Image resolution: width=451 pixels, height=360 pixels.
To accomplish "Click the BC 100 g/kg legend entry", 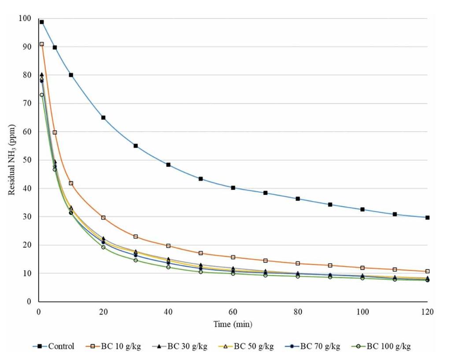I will coord(389,346).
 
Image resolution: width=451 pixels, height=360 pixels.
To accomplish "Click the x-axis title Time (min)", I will coord(233,325).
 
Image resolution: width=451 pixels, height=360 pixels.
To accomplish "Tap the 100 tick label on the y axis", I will coord(25,18).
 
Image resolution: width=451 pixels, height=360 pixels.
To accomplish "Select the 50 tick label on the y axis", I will coord(27,160).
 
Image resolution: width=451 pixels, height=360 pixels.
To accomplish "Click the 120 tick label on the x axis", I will coord(427,312).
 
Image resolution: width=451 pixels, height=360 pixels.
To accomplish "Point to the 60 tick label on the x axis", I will coord(233,312).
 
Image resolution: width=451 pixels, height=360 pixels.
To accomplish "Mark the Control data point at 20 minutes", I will coord(104,118).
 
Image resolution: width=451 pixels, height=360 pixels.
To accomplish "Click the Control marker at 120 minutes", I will coord(427,217).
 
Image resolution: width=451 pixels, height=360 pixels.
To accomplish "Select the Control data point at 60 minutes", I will coord(233,187).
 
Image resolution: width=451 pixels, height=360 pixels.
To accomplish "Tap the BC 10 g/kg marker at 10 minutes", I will coord(71,183).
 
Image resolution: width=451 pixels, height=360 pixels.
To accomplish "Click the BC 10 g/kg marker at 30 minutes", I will coord(136,236).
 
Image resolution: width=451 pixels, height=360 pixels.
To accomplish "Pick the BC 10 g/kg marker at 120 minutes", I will coord(427,271).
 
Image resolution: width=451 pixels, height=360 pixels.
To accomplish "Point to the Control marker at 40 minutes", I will coord(168,165).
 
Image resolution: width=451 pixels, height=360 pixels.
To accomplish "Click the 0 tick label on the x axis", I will coord(38,312).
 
